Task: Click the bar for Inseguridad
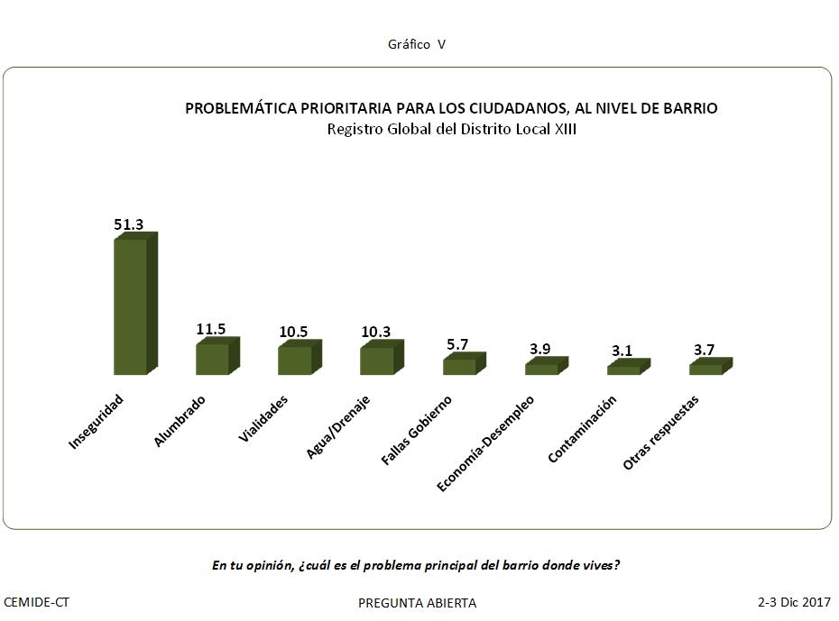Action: pos(130,306)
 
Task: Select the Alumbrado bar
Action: pos(212,359)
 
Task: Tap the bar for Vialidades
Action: pos(294,361)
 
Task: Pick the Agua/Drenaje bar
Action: pos(376,361)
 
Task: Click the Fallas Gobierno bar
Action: pos(459,367)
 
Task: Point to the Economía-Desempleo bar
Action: pos(541,369)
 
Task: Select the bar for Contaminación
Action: pos(623,370)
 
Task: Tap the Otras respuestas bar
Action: pos(705,369)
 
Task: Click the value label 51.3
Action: pos(129,224)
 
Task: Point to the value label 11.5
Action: pos(211,330)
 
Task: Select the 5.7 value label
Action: pos(458,344)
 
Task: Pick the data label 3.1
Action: pos(623,351)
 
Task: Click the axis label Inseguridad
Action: pos(97,422)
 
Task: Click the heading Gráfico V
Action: pos(417,44)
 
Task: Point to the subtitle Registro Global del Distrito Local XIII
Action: pos(451,129)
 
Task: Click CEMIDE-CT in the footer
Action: pos(37,601)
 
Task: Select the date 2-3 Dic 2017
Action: pos(794,601)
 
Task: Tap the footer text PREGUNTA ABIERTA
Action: pos(417,603)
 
